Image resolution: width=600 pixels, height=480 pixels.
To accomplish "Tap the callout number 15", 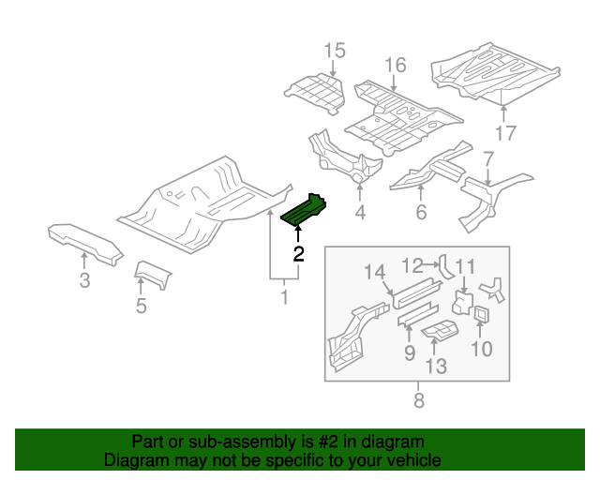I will (335, 51).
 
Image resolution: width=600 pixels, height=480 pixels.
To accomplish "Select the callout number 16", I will (395, 65).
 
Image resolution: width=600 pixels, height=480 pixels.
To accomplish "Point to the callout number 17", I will (505, 132).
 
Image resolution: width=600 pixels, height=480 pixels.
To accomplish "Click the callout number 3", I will (84, 280).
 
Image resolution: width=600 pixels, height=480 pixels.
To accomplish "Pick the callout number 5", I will (142, 305).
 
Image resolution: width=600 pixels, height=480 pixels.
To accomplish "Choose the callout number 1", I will (284, 298).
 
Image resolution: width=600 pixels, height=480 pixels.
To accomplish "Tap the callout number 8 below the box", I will (418, 401).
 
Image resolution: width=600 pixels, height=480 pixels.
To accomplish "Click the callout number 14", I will (375, 272).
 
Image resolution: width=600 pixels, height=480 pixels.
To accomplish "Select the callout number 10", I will (481, 349).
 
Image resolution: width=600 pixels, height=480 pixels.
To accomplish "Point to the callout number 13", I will (436, 366).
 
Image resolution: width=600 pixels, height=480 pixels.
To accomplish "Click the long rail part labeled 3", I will (85, 240).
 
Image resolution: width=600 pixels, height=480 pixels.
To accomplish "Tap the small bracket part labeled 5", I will (153, 275).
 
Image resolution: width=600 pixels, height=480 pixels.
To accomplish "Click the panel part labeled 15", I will (314, 92).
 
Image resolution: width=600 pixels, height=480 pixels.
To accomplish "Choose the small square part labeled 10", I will (482, 314).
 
